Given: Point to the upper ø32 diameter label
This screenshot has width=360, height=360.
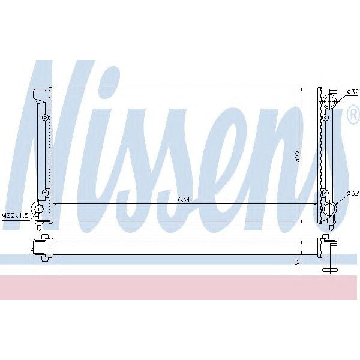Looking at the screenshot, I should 353,92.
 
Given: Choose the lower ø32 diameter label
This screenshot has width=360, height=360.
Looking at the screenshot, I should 353,193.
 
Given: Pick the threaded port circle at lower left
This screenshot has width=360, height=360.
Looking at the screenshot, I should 38,209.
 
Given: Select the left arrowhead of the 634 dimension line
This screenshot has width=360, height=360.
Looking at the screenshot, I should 56,204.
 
